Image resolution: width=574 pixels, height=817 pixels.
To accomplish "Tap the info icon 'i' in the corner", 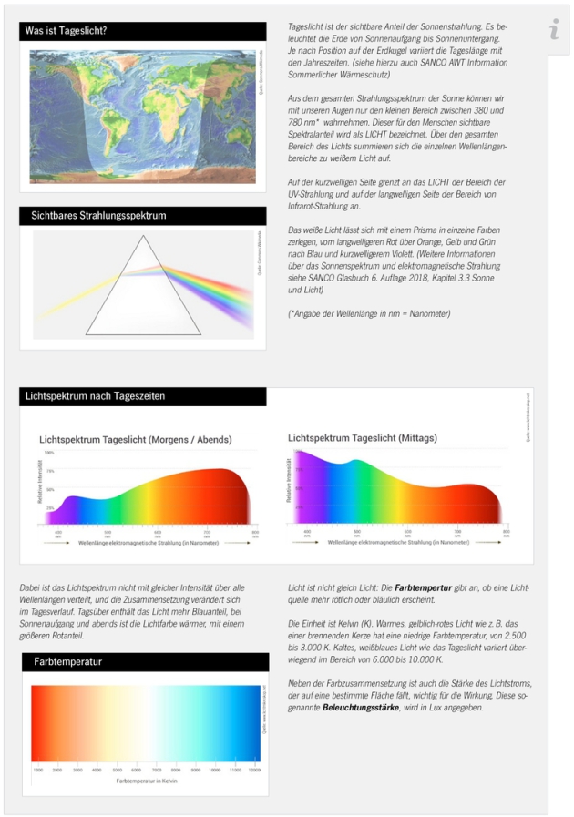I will tap(554, 29).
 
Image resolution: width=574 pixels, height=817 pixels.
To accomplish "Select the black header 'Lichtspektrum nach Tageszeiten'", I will tap(96, 396).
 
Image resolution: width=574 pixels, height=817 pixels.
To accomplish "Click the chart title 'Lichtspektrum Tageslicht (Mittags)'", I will tap(363, 438).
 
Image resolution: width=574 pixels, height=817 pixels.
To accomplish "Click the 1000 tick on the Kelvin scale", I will tap(38, 770).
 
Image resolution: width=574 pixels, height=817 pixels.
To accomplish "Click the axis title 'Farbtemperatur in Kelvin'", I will tap(146, 781).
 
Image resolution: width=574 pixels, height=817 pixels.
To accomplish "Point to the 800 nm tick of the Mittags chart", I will tap(506, 531).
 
